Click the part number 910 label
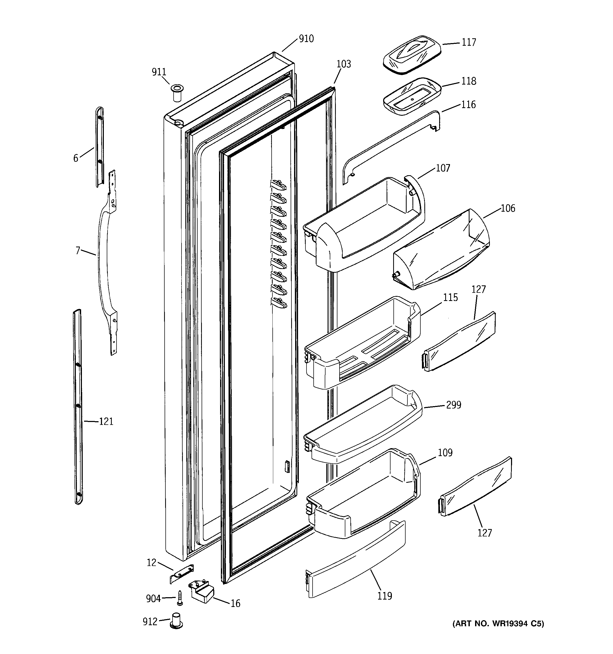(306, 39)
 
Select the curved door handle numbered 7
(102, 260)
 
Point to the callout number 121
(106, 421)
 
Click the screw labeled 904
(180, 598)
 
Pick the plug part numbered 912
(176, 620)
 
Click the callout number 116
(468, 105)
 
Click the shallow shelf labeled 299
(362, 426)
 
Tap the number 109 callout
(445, 453)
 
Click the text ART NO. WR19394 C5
(498, 624)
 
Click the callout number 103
(343, 64)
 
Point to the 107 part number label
(443, 168)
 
